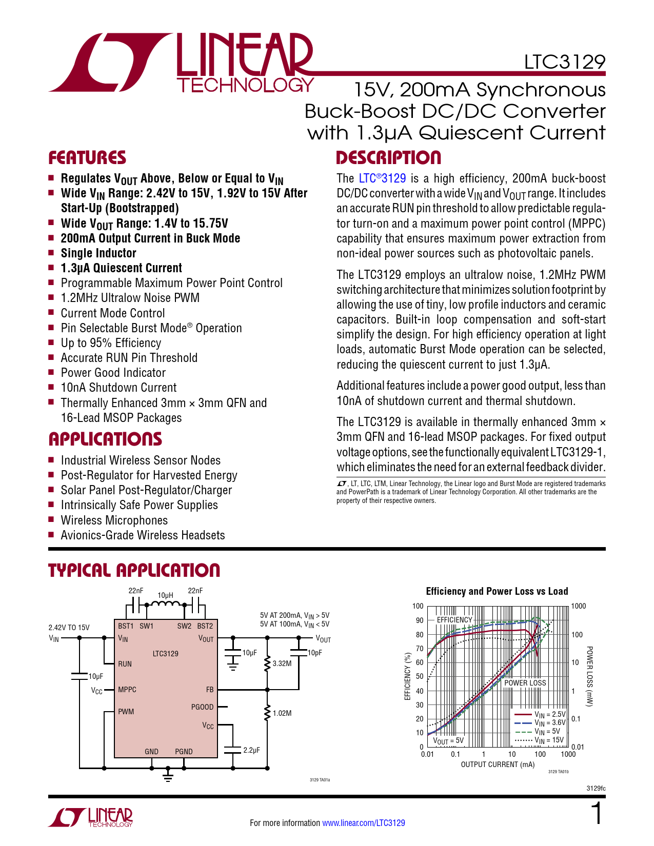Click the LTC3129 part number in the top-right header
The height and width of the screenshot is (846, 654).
tap(564, 62)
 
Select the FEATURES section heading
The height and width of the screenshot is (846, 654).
tap(87, 158)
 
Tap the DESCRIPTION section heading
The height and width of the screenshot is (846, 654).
tap(388, 158)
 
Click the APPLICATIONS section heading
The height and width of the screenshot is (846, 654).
tap(105, 439)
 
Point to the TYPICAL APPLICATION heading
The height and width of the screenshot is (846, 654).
tap(134, 571)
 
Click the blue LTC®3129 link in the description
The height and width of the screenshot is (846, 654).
tap(382, 178)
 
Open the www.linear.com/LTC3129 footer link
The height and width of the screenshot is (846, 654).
tap(363, 823)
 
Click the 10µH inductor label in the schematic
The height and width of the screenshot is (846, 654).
tap(165, 595)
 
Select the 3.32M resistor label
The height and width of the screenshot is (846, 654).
tap(282, 663)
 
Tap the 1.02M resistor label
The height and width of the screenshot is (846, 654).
tap(282, 713)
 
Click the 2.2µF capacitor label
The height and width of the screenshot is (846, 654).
tap(251, 750)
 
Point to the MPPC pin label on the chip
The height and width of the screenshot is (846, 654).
tap(127, 690)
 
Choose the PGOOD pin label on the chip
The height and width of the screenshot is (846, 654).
tap(202, 707)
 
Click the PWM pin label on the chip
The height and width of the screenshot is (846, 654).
tap(126, 712)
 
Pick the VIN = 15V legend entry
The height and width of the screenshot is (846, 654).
tap(549, 740)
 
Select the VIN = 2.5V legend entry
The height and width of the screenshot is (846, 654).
tap(549, 714)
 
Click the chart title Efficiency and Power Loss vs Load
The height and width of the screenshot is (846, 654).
tap(497, 591)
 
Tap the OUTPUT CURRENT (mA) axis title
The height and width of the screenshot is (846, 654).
tap(498, 764)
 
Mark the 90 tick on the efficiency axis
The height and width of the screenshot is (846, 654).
tap(420, 620)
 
